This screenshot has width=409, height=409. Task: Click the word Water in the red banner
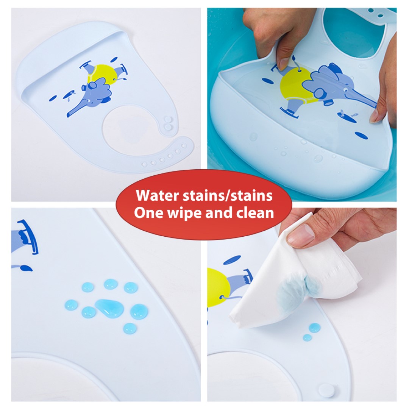158,196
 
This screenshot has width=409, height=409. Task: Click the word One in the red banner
149,212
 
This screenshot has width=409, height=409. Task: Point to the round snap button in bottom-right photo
326,390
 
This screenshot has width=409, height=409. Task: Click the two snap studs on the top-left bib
168,123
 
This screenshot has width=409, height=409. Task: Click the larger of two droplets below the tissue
314,328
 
